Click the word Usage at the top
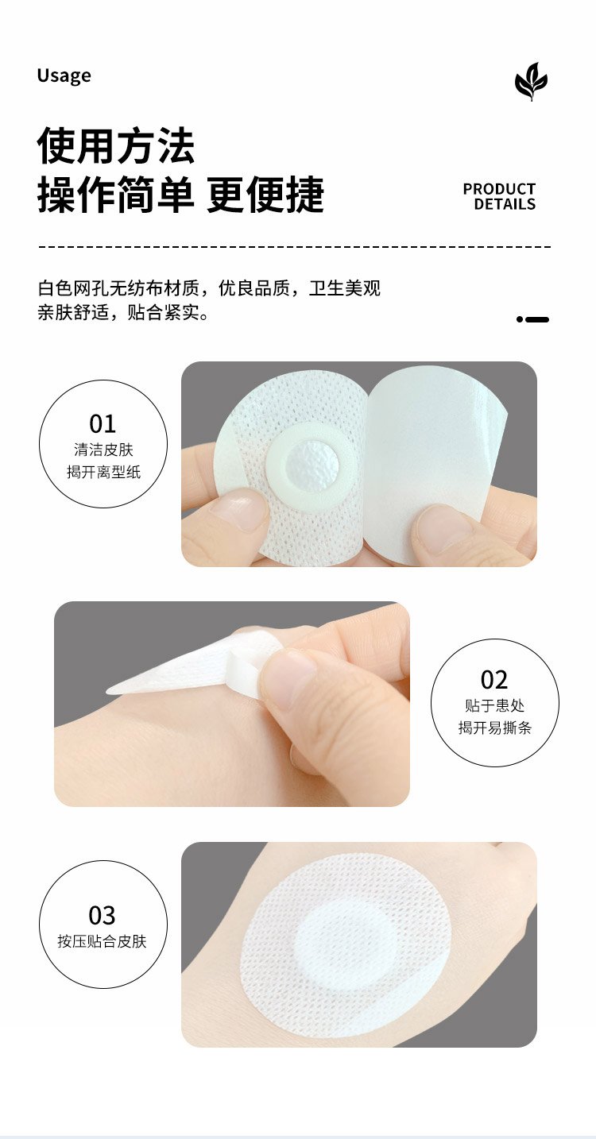coord(64,75)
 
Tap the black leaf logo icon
coord(532,81)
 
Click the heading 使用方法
coord(116,146)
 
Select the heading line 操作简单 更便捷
coord(180,195)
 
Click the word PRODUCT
coord(499,189)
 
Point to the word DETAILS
coord(505,204)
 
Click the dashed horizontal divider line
coord(295,247)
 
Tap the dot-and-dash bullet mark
coord(532,319)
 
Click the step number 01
coord(103,423)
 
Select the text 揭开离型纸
coord(103,472)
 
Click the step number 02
coord(494,679)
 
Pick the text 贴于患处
coord(494,705)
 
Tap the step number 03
coord(103,915)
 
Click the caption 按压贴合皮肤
coord(103,941)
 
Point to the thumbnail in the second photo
coord(290,676)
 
